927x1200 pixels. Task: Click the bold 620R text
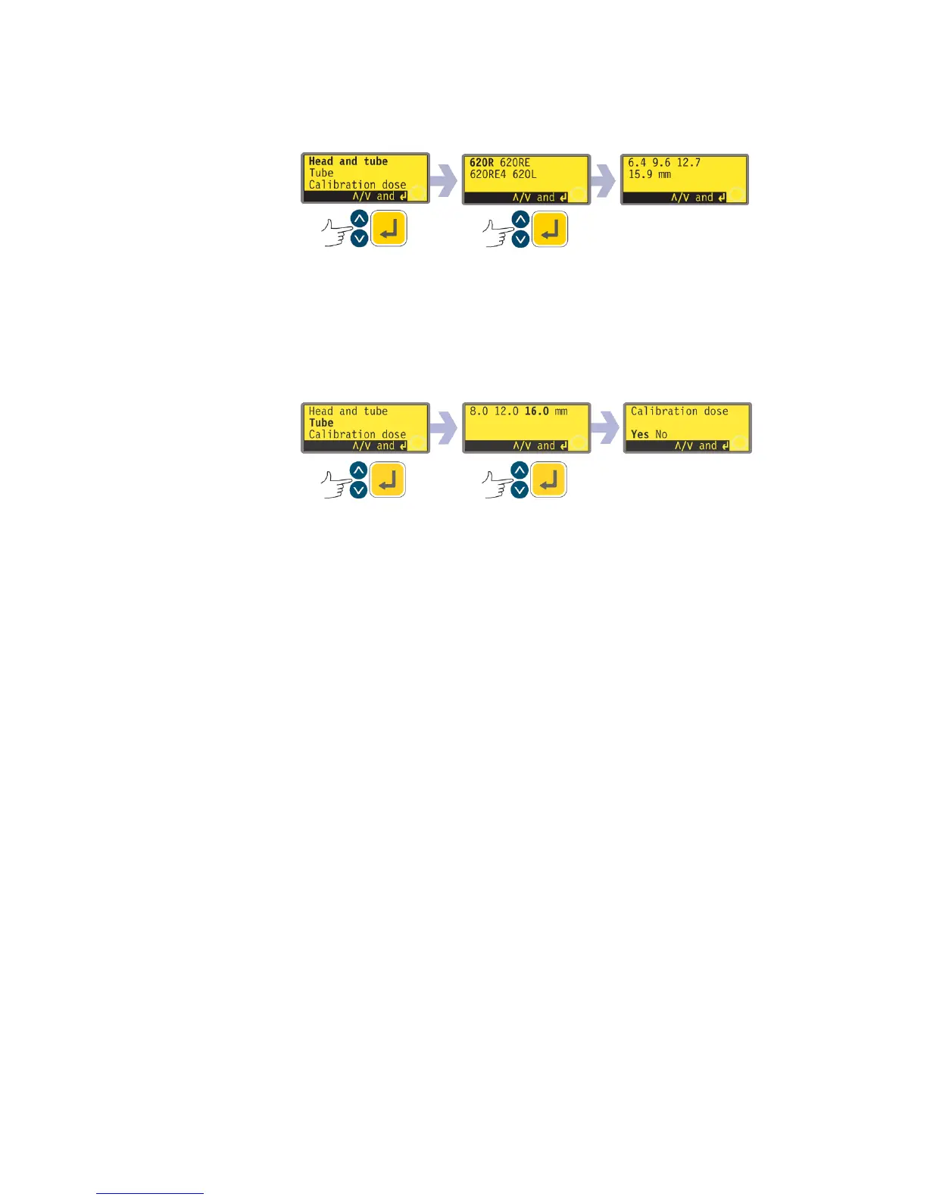point(481,163)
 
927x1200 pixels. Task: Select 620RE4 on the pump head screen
point(488,175)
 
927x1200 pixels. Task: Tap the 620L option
point(525,175)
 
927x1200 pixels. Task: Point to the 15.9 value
point(640,175)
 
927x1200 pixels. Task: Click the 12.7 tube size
point(688,163)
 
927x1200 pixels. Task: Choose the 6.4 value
point(637,163)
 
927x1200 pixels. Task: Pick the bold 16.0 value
point(536,411)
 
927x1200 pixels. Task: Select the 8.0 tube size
point(479,411)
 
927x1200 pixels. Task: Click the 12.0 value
point(506,411)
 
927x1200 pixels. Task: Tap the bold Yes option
point(640,435)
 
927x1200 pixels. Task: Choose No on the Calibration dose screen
point(661,435)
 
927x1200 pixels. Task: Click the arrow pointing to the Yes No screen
point(605,429)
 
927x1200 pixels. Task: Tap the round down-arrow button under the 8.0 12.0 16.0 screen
point(520,490)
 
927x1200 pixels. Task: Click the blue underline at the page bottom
point(150,1193)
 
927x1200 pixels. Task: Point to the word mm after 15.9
point(664,175)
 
